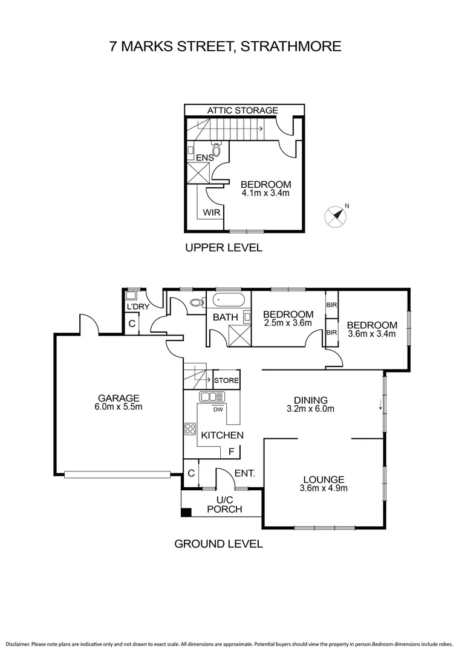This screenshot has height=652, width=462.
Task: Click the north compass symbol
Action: [336, 216]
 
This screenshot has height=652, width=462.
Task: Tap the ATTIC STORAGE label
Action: [242, 110]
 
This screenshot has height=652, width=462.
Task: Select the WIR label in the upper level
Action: [211, 213]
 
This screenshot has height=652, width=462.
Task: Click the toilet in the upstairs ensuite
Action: [216, 149]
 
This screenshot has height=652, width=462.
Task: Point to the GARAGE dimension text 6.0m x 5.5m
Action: [119, 407]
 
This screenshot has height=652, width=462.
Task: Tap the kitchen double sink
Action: [212, 397]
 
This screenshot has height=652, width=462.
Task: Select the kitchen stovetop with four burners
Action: [190, 429]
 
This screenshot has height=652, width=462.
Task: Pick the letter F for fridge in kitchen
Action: [231, 452]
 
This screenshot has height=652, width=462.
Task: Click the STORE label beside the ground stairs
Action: [226, 381]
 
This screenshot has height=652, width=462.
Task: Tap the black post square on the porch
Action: [186, 513]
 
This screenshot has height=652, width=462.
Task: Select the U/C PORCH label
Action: [224, 505]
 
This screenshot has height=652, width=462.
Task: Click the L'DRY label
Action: [138, 307]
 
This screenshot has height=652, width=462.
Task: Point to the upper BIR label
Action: [331, 305]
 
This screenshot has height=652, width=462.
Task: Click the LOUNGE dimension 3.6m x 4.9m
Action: [324, 488]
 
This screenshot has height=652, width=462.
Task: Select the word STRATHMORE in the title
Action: [291, 46]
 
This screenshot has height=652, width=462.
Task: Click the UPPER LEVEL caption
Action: [224, 248]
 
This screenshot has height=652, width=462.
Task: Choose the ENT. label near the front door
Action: [245, 474]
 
